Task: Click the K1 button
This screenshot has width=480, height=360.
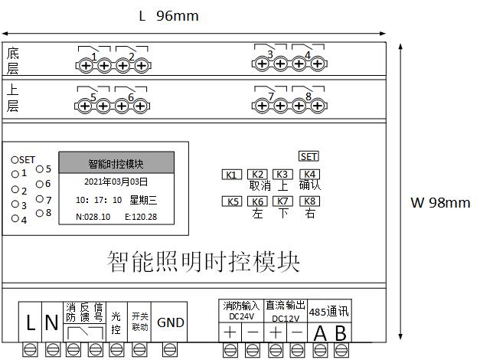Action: pyautogui.click(x=231, y=175)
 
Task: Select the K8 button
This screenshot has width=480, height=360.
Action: pyautogui.click(x=309, y=202)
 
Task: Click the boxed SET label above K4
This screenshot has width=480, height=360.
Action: pyautogui.click(x=309, y=157)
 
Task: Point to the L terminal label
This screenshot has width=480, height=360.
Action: pyautogui.click(x=31, y=323)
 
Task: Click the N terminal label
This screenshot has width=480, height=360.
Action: pyautogui.click(x=51, y=323)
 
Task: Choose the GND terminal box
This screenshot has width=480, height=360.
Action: pyautogui.click(x=170, y=323)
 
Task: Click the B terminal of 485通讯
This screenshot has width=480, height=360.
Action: pyautogui.click(x=341, y=332)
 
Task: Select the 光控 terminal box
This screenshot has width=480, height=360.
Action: pyautogui.click(x=116, y=323)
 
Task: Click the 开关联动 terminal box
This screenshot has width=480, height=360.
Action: pyautogui.click(x=139, y=323)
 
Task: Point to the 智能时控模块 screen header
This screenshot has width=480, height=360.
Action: pyautogui.click(x=116, y=163)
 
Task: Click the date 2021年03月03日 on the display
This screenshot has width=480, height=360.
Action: pyautogui.click(x=116, y=182)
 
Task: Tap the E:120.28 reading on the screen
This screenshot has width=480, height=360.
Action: pyautogui.click(x=141, y=217)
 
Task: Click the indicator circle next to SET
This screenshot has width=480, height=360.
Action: pyautogui.click(x=14, y=160)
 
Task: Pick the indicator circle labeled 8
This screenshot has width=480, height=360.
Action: pyautogui.click(x=39, y=213)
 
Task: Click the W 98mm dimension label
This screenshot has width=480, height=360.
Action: pyautogui.click(x=440, y=203)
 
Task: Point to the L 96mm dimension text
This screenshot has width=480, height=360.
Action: pyautogui.click(x=168, y=16)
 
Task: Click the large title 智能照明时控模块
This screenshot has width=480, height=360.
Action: pyautogui.click(x=204, y=262)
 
